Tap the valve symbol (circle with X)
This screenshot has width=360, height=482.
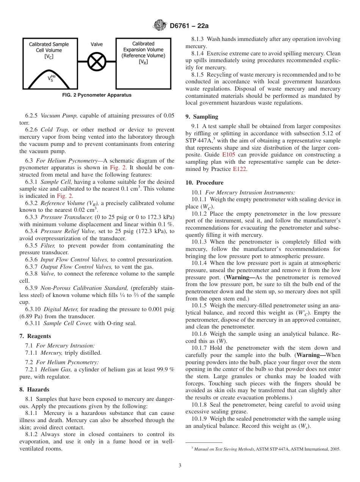pyautogui.click(x=96, y=61)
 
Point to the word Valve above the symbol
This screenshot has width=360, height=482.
pyautogui.click(x=97, y=44)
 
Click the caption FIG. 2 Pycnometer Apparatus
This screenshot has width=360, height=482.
pyautogui.click(x=97, y=95)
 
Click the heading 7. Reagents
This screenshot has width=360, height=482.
pyautogui.click(x=35, y=336)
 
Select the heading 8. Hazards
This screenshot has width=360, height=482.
pyautogui.click(x=34, y=390)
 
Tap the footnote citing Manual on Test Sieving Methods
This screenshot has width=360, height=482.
pyautogui.click(x=267, y=449)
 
